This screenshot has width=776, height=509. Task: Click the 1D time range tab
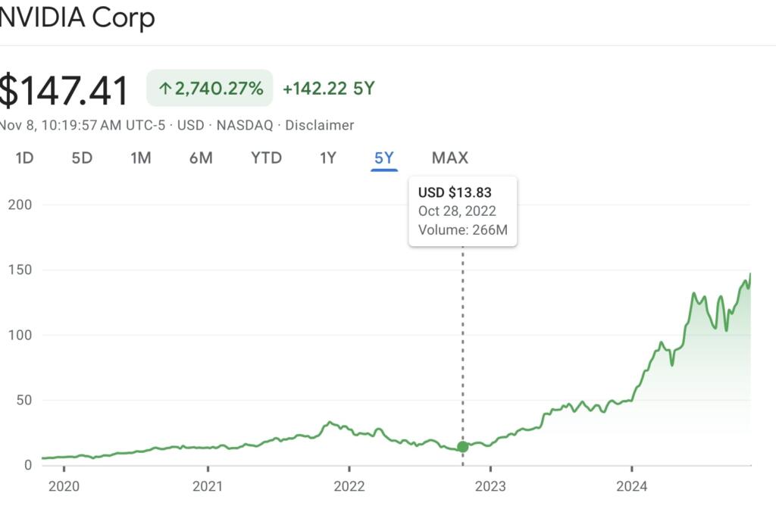point(25,158)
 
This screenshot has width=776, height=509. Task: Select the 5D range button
point(82,158)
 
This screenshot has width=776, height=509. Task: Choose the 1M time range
point(141,158)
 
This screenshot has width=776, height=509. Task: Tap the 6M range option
point(201,158)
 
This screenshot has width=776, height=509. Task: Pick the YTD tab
point(266,158)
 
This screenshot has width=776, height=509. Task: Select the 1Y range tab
point(327,158)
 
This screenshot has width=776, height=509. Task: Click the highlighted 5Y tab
point(384,158)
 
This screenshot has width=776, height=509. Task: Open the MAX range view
point(450,158)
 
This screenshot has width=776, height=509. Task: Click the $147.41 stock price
point(64,91)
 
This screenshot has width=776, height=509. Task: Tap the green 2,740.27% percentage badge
point(210,89)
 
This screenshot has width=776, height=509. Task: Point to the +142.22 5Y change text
point(328,89)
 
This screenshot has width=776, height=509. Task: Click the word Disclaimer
point(319,125)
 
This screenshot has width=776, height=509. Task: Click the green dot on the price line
point(462,447)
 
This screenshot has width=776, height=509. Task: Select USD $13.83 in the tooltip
point(455,193)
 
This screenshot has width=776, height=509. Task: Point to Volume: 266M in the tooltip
point(462,230)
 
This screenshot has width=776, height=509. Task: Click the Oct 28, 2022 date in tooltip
point(457,211)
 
